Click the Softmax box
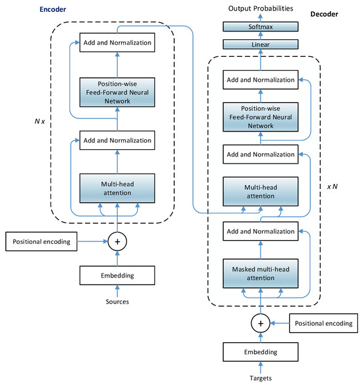pyautogui.click(x=260, y=27)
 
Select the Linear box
pyautogui.click(x=260, y=44)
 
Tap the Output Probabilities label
pyautogui.click(x=260, y=8)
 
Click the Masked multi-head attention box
pyautogui.click(x=260, y=273)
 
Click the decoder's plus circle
pyautogui.click(x=260, y=323)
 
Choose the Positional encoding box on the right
pyautogui.click(x=324, y=323)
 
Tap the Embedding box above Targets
pyautogui.click(x=260, y=352)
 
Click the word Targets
pyautogui.click(x=260, y=377)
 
